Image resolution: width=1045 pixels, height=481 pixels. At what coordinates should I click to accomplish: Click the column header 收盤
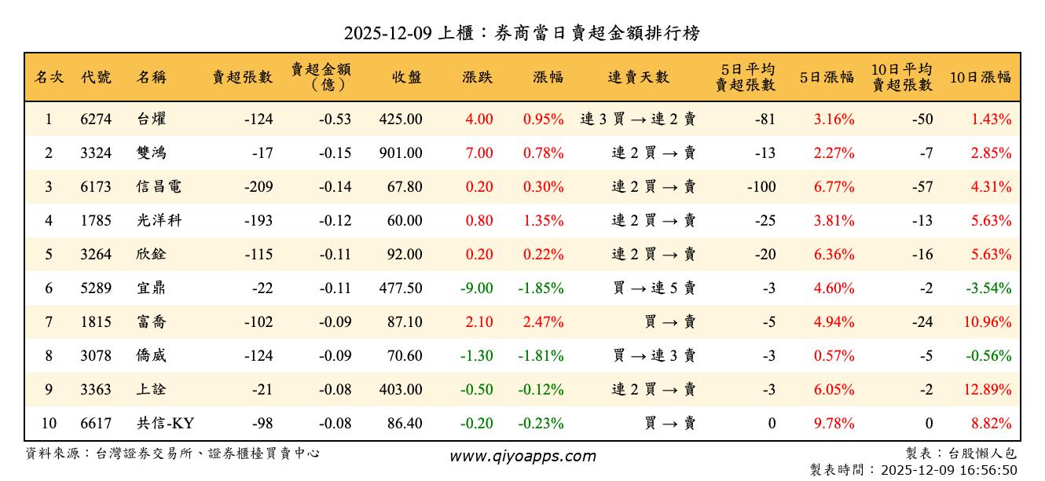coord(407,77)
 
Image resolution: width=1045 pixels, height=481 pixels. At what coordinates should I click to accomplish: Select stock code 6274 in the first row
coord(96,119)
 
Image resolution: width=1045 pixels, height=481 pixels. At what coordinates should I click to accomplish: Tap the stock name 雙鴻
coord(151,153)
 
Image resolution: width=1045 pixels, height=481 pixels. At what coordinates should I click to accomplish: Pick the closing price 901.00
coord(401,153)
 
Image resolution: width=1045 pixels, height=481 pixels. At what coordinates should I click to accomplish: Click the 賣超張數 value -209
coord(258,187)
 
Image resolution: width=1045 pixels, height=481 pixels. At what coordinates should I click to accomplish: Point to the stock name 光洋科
coord(159,221)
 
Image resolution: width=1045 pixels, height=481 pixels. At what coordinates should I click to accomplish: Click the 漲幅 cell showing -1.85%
coord(541,288)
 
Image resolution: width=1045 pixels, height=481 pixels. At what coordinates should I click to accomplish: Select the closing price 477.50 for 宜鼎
coord(401,288)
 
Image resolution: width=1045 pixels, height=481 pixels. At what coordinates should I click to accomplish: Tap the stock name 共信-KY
coord(165,424)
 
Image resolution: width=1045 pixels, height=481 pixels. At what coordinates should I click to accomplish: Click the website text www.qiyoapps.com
coord(522,456)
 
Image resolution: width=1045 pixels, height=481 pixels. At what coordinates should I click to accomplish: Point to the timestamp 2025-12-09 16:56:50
coord(949,470)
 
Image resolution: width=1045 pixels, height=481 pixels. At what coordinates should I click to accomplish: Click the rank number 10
coord(49,424)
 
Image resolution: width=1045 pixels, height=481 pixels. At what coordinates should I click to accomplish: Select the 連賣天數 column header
coord(638,77)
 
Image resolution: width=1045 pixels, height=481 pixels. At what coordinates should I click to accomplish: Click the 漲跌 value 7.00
coord(479,153)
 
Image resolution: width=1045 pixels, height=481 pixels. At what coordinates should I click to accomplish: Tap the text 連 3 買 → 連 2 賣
coord(637,119)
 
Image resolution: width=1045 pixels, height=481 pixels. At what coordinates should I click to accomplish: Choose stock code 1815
coord(96,322)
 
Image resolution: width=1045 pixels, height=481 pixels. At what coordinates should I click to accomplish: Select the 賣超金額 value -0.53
coord(335,119)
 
